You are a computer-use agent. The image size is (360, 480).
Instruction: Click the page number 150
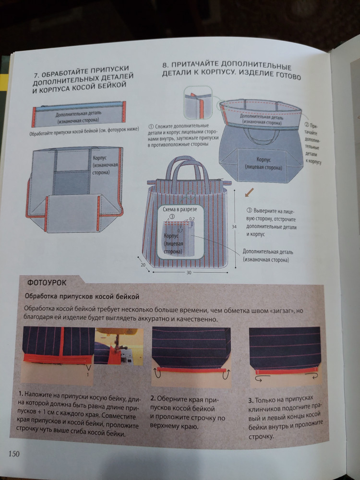click(x=14, y=454)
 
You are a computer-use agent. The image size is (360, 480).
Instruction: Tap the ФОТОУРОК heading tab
click(x=47, y=282)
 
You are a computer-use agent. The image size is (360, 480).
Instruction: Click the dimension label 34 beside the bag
click(x=234, y=227)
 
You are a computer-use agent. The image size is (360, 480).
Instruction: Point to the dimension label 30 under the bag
click(x=189, y=273)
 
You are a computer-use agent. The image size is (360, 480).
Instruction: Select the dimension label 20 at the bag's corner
click(x=143, y=265)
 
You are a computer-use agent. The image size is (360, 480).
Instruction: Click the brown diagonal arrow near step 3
click(x=249, y=193)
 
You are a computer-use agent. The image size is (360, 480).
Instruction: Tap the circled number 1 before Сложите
click(x=151, y=127)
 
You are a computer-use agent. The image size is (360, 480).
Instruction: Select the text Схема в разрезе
click(x=180, y=209)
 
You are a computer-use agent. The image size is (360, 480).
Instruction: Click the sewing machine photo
click(x=119, y=347)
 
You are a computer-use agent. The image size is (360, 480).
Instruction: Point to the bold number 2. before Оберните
click(x=153, y=398)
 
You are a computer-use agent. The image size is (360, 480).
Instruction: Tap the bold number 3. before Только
click(x=251, y=400)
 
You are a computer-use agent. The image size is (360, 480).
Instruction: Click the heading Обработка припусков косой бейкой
click(x=82, y=296)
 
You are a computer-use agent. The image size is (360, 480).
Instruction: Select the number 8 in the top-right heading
click(x=166, y=65)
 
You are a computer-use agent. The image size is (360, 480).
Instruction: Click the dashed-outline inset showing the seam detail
click(x=198, y=103)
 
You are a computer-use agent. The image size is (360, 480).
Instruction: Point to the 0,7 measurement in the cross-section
click(x=180, y=230)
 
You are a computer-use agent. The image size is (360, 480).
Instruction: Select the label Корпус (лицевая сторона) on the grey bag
click(x=264, y=164)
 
